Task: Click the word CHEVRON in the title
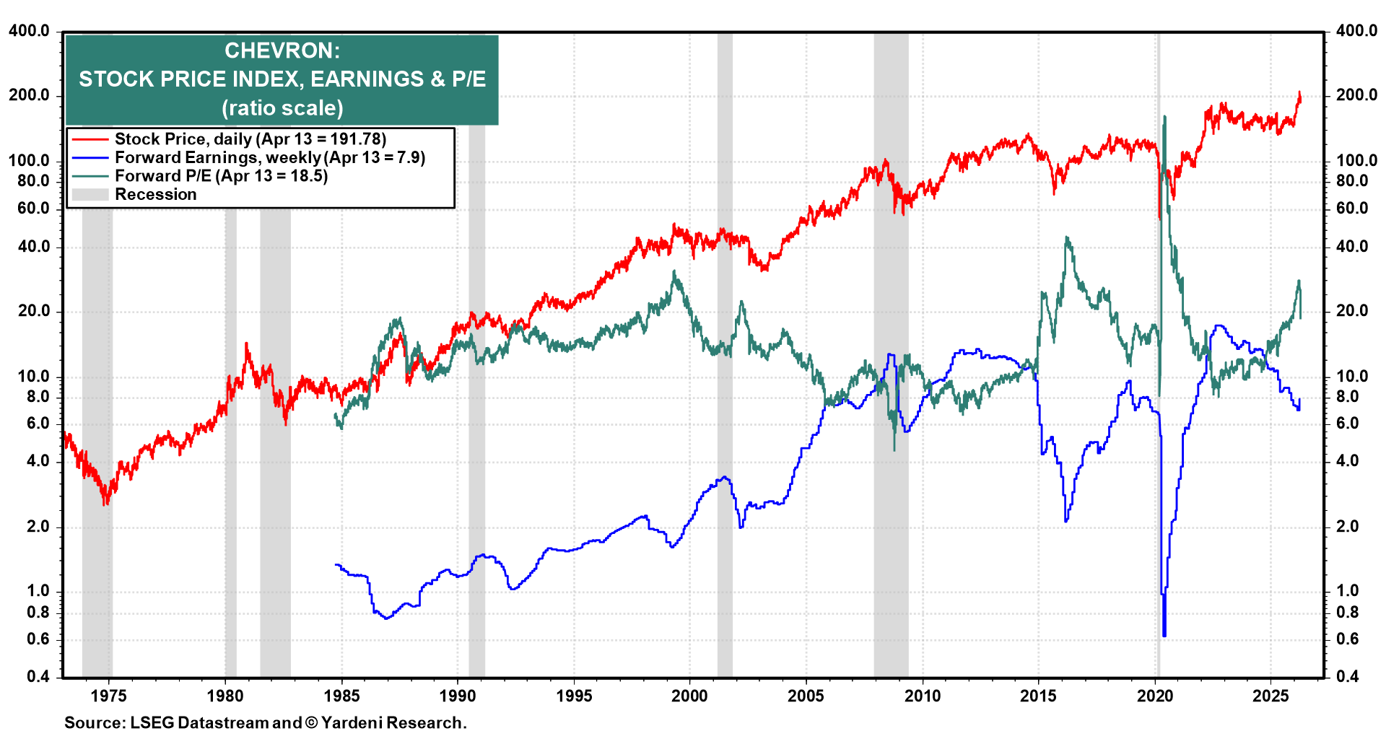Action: point(282,51)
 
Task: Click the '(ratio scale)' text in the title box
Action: point(282,108)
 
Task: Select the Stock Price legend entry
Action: point(250,139)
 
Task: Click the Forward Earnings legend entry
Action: point(269,157)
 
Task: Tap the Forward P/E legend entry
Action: point(221,176)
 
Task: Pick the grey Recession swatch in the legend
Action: point(90,195)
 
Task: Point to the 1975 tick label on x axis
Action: point(109,696)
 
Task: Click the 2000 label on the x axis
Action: point(689,696)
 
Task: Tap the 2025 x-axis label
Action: point(1270,696)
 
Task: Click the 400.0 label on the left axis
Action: point(29,31)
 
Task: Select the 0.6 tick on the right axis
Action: point(1347,639)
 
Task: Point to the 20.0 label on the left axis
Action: point(29,311)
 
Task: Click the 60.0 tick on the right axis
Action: point(1351,209)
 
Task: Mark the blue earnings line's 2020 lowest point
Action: point(1164,635)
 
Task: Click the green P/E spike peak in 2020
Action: point(1164,117)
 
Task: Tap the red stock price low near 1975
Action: point(105,503)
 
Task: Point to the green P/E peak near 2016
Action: point(1067,237)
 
